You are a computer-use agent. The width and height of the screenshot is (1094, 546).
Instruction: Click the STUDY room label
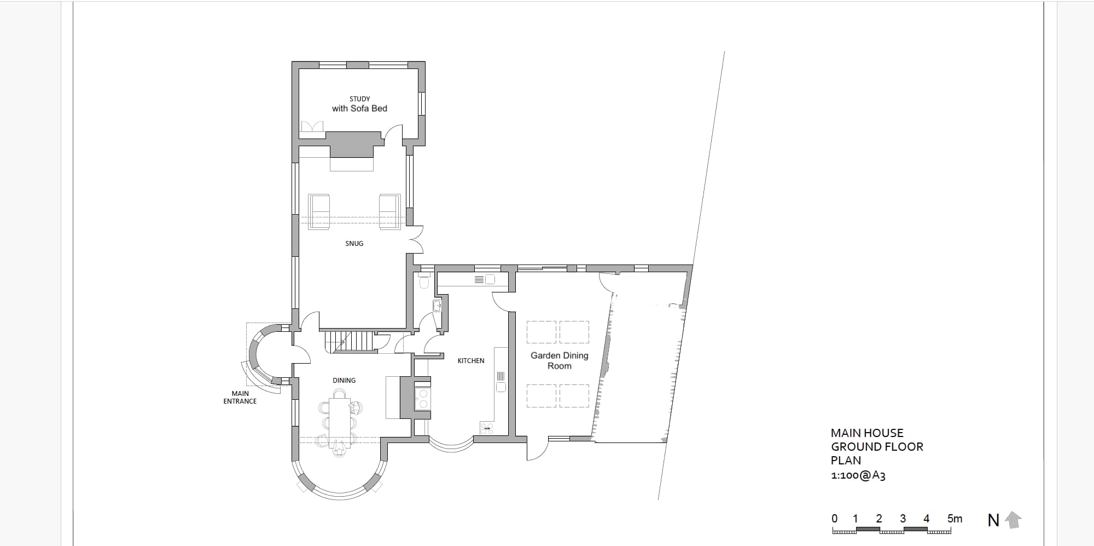click(x=360, y=99)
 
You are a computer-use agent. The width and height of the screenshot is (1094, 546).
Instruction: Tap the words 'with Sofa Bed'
click(x=359, y=108)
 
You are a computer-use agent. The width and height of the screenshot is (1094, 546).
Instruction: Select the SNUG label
click(x=354, y=244)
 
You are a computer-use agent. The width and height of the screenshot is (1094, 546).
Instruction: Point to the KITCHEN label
click(x=471, y=361)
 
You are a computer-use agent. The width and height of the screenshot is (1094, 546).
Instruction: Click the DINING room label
click(x=344, y=381)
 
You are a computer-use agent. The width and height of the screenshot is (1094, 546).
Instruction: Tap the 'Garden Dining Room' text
click(x=560, y=360)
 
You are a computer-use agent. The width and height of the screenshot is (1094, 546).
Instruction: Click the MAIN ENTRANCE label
click(x=240, y=397)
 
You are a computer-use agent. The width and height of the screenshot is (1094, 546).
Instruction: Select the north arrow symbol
click(x=1014, y=520)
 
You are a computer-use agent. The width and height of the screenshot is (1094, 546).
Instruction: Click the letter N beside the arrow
click(x=993, y=520)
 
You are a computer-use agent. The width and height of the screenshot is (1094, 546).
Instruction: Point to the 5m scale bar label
click(x=955, y=519)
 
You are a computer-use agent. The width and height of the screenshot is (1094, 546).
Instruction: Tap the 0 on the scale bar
click(x=834, y=519)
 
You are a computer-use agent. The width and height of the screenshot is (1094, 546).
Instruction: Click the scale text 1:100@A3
click(x=858, y=475)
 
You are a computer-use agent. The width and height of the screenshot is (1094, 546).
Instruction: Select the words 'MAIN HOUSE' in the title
click(x=867, y=433)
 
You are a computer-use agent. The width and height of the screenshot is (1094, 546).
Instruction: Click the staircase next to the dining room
click(x=349, y=341)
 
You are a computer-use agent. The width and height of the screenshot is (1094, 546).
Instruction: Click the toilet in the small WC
click(x=424, y=281)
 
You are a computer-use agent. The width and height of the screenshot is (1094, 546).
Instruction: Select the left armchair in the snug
click(x=319, y=211)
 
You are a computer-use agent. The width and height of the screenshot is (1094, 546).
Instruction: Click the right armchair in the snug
click(x=389, y=211)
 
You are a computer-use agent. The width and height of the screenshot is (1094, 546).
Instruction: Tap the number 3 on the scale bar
click(x=903, y=519)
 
